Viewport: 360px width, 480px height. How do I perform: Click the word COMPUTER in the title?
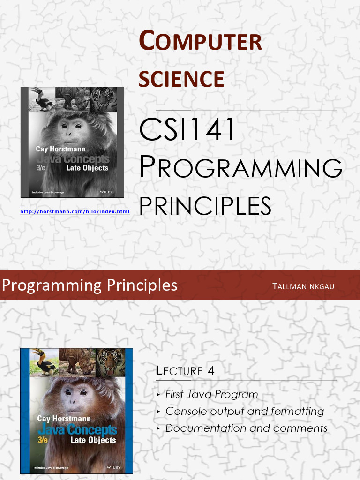click(x=200, y=41)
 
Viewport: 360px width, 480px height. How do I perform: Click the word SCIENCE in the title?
click(x=181, y=79)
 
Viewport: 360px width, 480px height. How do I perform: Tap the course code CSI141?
click(x=188, y=131)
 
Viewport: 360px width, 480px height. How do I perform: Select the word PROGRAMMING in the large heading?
click(x=240, y=168)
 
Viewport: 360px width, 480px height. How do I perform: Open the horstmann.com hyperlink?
click(x=75, y=212)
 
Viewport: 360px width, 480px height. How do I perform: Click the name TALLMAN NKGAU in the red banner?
click(x=303, y=286)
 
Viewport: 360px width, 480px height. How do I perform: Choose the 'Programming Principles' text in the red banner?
click(x=90, y=285)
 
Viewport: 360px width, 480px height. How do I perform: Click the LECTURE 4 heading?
click(x=186, y=371)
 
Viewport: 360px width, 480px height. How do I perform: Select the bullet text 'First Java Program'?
click(x=211, y=394)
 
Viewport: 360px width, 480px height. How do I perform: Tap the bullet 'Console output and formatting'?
click(x=245, y=411)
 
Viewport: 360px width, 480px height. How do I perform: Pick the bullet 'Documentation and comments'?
click(x=246, y=428)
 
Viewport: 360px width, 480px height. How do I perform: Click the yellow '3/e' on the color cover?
click(x=44, y=440)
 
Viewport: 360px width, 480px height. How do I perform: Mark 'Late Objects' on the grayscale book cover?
click(x=87, y=168)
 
